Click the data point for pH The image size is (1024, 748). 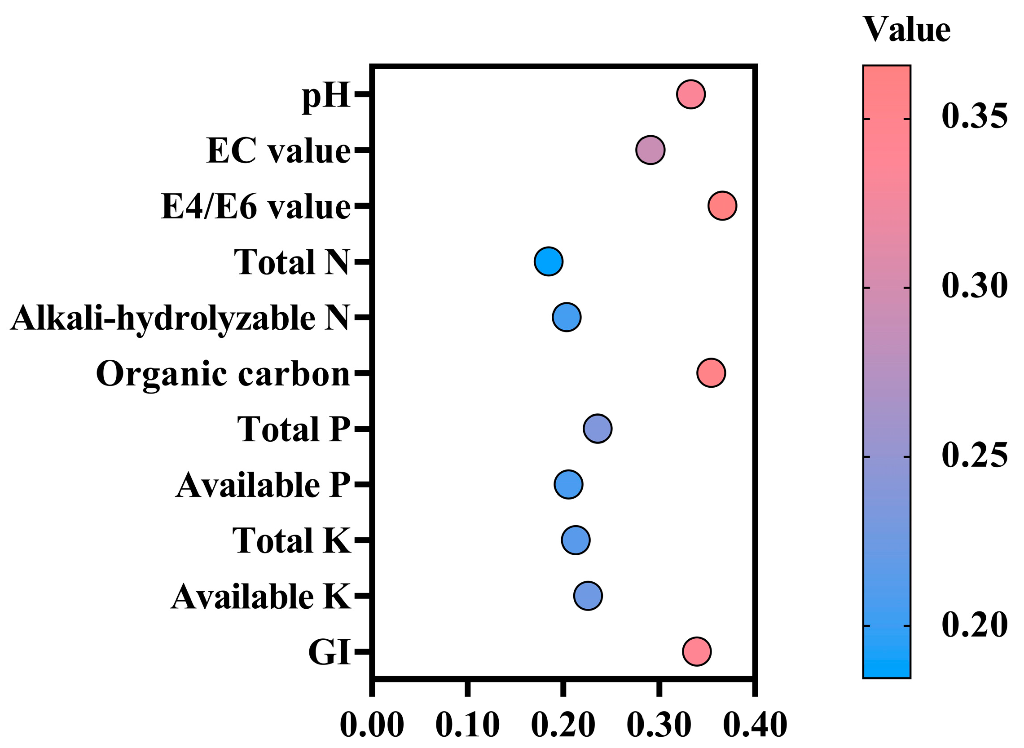tap(690, 94)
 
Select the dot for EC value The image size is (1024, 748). tap(650, 150)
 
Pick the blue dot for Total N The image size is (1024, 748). tap(549, 261)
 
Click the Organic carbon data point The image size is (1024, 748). tap(712, 372)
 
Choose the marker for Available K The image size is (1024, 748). tap(588, 596)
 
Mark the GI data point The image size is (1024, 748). tap(696, 651)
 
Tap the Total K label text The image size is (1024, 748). tap(292, 540)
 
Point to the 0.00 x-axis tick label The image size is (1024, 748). tap(372, 726)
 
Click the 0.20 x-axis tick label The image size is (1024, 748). tap(563, 726)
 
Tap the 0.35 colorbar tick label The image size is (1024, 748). tap(975, 116)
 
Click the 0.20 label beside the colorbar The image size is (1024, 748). tap(975, 625)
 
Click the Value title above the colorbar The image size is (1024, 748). tap(907, 30)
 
